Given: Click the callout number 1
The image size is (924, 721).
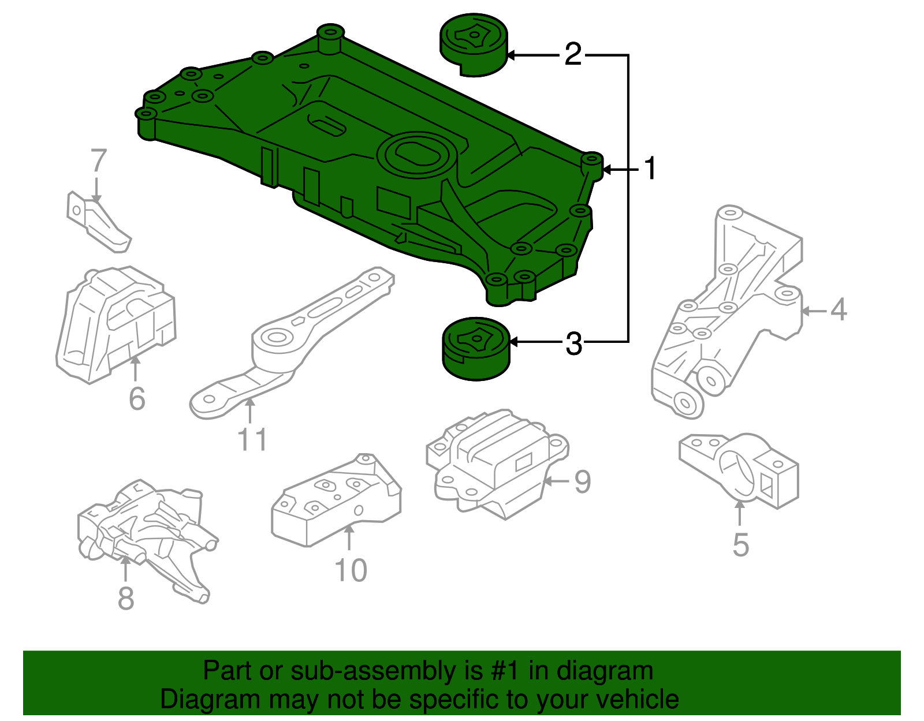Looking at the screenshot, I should pyautogui.click(x=651, y=169).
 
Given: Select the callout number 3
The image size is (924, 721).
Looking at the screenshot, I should pyautogui.click(x=573, y=344).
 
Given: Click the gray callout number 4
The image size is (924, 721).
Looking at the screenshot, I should pyautogui.click(x=839, y=310).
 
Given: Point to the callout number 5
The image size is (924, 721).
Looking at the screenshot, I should pyautogui.click(x=741, y=545).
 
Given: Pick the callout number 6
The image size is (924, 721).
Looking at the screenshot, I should pyautogui.click(x=137, y=399).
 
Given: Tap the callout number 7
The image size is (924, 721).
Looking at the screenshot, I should pyautogui.click(x=99, y=161).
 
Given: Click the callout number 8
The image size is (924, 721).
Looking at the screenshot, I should pyautogui.click(x=126, y=599).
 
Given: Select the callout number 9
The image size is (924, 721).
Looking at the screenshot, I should pyautogui.click(x=583, y=481).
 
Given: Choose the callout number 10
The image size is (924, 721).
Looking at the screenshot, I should pyautogui.click(x=351, y=570).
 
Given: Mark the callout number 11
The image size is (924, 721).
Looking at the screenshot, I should pyautogui.click(x=253, y=440).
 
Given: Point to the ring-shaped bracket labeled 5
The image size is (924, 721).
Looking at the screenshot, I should pyautogui.click(x=738, y=469).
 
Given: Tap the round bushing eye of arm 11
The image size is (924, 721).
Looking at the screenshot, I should pyautogui.click(x=277, y=338).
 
